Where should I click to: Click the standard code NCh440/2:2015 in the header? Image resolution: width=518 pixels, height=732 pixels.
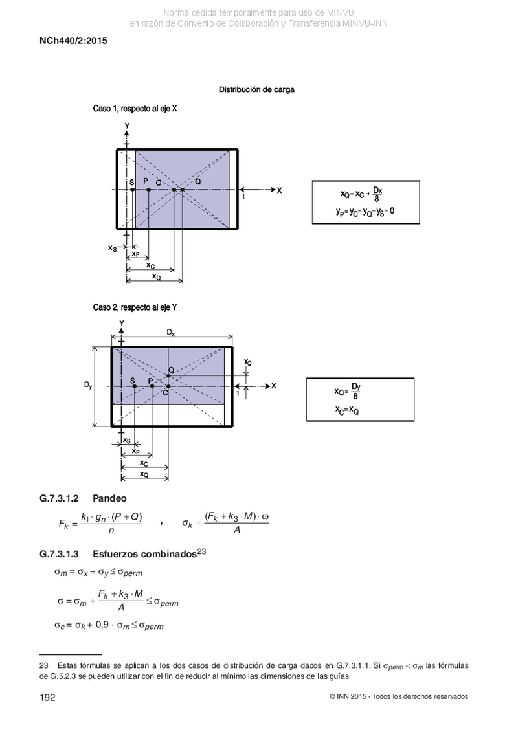point(73,41)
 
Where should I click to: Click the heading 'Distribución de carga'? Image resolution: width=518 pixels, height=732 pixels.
point(256,89)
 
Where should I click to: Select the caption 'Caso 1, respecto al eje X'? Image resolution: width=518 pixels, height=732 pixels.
point(135,109)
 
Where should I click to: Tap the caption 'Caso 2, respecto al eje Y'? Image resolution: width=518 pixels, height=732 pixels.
point(135,307)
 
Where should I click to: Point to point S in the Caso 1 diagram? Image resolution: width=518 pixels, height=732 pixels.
point(133,190)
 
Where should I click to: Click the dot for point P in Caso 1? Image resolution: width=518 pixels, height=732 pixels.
point(148,190)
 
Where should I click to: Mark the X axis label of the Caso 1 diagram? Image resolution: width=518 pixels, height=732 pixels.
point(279,190)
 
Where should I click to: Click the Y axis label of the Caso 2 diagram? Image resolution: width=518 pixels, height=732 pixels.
point(122,323)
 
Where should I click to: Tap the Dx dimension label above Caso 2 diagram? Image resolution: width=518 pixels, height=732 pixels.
point(171,333)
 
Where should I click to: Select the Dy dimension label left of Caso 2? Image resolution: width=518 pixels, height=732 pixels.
point(88,385)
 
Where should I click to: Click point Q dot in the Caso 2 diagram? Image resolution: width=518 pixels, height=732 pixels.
point(168,376)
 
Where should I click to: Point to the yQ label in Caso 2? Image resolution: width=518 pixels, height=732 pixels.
point(248,362)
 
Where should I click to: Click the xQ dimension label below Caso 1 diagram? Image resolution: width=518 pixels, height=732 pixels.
point(157,276)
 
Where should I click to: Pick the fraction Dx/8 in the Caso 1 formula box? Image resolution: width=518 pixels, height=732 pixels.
point(377,194)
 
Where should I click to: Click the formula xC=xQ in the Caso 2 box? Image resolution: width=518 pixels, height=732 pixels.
point(347,410)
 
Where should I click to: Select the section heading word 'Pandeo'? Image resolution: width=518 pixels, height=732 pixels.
point(110,498)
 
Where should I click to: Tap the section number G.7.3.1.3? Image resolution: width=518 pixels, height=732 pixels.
point(59,554)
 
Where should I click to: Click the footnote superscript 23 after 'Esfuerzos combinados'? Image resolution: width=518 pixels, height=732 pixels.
point(202,551)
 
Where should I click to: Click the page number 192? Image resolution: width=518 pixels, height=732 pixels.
point(48,698)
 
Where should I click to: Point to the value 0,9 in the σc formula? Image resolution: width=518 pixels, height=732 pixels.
point(102,624)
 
